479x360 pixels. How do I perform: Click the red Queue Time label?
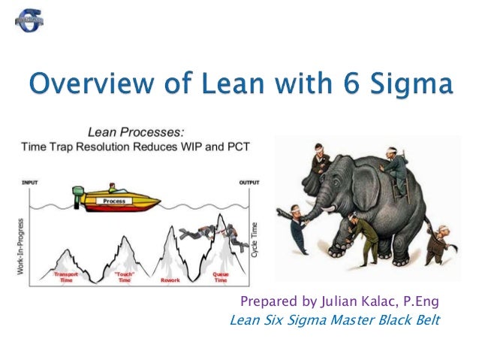coord(220,277)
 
